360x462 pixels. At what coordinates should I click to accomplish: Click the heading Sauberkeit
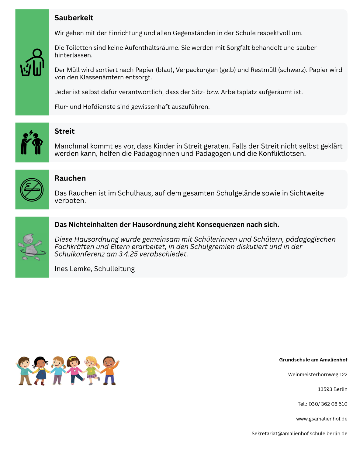(x=74, y=18)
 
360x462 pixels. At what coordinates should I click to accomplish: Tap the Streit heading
(x=64, y=131)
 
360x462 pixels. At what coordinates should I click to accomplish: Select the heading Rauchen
(x=70, y=178)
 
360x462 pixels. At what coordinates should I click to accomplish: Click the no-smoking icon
(x=32, y=190)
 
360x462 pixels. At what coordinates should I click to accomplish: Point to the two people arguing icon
(x=32, y=143)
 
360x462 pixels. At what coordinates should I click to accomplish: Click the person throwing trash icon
(x=32, y=63)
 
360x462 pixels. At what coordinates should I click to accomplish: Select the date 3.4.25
(x=128, y=254)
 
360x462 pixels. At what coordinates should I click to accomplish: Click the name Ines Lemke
(x=73, y=269)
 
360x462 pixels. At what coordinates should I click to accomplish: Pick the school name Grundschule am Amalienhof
(x=313, y=360)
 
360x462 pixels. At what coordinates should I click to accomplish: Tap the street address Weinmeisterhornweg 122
(x=318, y=375)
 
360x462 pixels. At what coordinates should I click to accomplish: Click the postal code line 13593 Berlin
(x=332, y=389)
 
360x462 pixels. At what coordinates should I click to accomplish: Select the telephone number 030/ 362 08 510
(x=328, y=404)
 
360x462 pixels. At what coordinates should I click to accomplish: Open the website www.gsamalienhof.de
(x=322, y=419)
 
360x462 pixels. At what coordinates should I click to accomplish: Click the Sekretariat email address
(x=299, y=434)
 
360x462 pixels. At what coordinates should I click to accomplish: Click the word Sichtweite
(x=306, y=193)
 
